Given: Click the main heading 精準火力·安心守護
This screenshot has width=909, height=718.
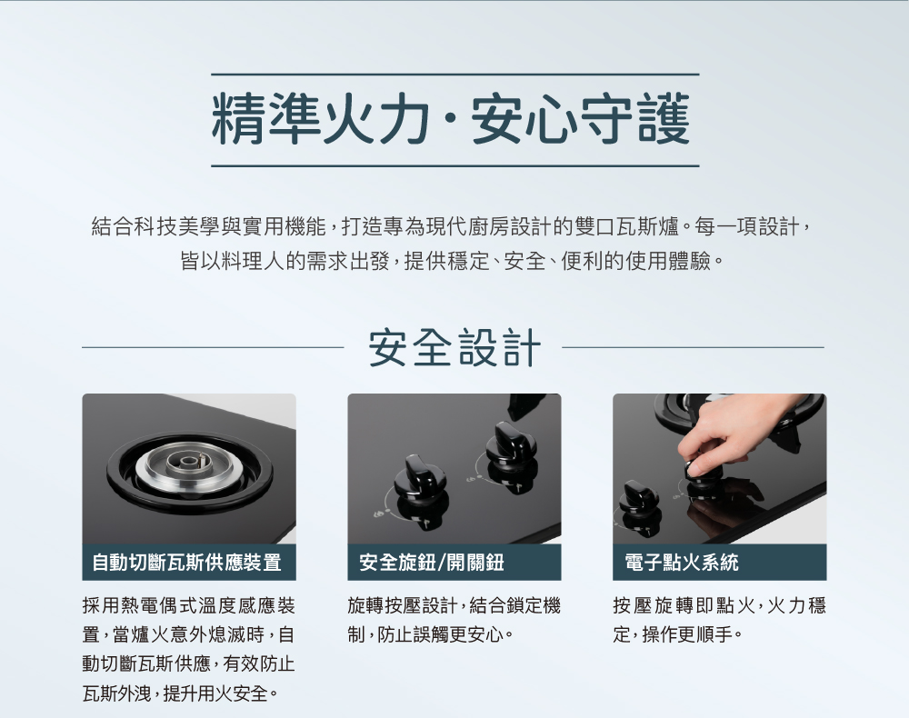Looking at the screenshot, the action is coord(451,120).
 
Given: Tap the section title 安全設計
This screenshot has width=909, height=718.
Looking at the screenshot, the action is coord(454,348).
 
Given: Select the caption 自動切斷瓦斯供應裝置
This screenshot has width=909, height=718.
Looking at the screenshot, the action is coord(186,562).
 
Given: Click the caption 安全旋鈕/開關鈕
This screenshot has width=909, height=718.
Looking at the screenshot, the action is coord(431,562).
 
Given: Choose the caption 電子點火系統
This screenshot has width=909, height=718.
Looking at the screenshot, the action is coord(682,562).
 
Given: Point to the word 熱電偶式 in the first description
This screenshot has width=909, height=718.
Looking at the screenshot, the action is coord(157,606).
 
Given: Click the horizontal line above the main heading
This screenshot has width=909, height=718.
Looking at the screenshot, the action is coord(455,75).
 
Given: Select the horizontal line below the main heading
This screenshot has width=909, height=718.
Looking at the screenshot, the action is coord(455,165).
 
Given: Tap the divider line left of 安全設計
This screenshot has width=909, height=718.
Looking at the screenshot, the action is coord(213,348).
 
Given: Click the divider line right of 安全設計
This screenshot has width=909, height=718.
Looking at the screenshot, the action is coord(693,348).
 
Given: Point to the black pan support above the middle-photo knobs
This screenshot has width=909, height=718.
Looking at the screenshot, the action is coord(526,404).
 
